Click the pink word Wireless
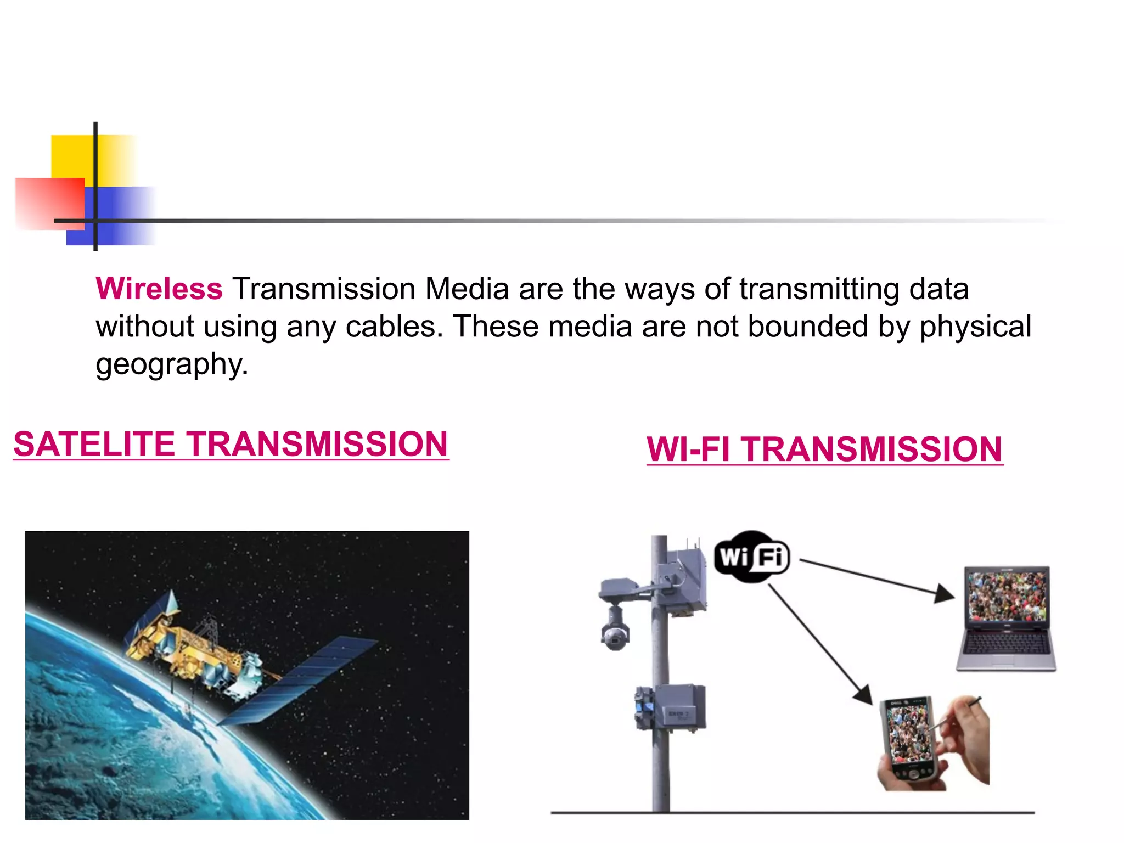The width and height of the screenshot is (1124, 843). click(159, 289)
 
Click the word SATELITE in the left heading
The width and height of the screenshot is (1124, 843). click(94, 444)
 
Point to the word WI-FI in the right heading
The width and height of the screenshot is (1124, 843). click(688, 449)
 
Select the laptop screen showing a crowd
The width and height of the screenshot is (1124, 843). click(1007, 597)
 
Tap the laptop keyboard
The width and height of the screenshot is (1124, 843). click(1007, 642)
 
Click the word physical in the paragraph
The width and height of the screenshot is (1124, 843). click(976, 327)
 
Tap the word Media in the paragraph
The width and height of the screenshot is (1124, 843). click(467, 289)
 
